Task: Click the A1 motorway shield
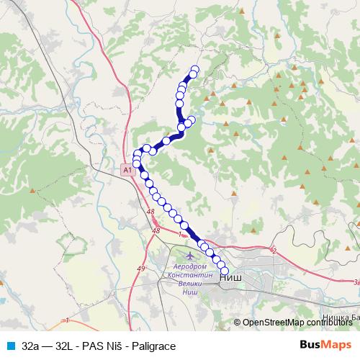(x=127, y=170)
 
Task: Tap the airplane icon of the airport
(x=190, y=256)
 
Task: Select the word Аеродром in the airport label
(x=190, y=267)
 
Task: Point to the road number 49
(x=140, y=269)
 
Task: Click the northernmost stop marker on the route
(x=194, y=70)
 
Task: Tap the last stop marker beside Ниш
(x=225, y=271)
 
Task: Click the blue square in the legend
(x=10, y=346)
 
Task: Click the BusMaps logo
(x=325, y=346)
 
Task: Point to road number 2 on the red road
(x=274, y=251)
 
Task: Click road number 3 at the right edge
(x=355, y=282)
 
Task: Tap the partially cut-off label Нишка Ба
(x=340, y=318)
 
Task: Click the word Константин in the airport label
(x=190, y=276)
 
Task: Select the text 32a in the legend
(x=31, y=346)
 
